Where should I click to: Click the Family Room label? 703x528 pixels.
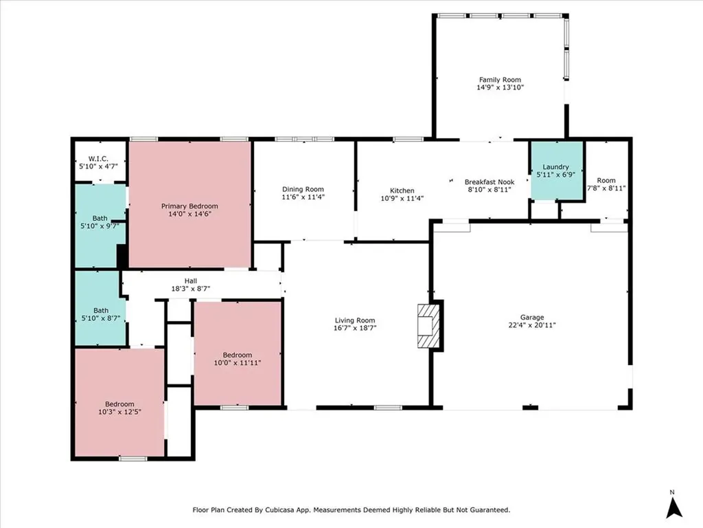point(500,80)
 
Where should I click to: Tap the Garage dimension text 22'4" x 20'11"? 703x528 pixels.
point(532,325)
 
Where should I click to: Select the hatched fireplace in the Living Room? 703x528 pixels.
point(428,325)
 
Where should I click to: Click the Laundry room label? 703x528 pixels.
point(555,166)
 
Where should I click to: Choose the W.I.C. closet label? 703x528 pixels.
point(98,159)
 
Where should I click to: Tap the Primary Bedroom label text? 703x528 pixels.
point(189,206)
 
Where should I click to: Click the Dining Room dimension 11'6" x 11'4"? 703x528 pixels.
point(303,197)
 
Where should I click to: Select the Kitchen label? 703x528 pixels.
point(402,190)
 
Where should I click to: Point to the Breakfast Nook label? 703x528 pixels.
point(489,181)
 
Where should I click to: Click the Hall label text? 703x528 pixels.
point(191,281)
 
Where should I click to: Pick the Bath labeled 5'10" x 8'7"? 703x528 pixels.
point(101,314)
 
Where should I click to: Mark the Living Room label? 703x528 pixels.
point(355,320)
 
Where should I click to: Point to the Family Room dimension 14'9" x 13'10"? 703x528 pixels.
point(500,87)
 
